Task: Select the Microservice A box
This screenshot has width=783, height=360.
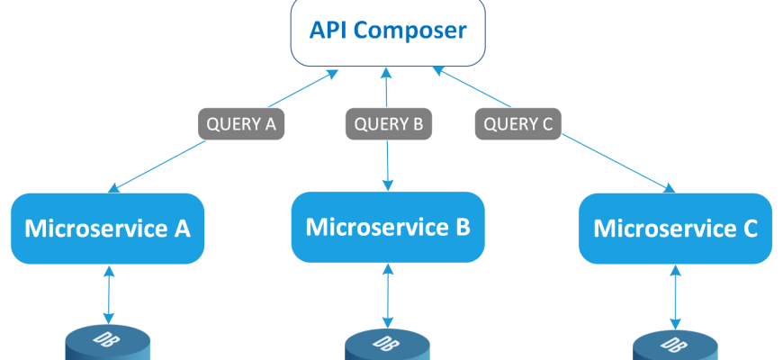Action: coord(108,229)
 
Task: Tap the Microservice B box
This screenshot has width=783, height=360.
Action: coord(387,226)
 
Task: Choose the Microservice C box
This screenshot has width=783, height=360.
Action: coord(675,229)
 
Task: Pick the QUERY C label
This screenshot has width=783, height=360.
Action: coord(518,122)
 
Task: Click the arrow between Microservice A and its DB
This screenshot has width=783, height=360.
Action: coord(109,294)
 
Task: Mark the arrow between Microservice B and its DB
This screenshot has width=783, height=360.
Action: coord(388,295)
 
